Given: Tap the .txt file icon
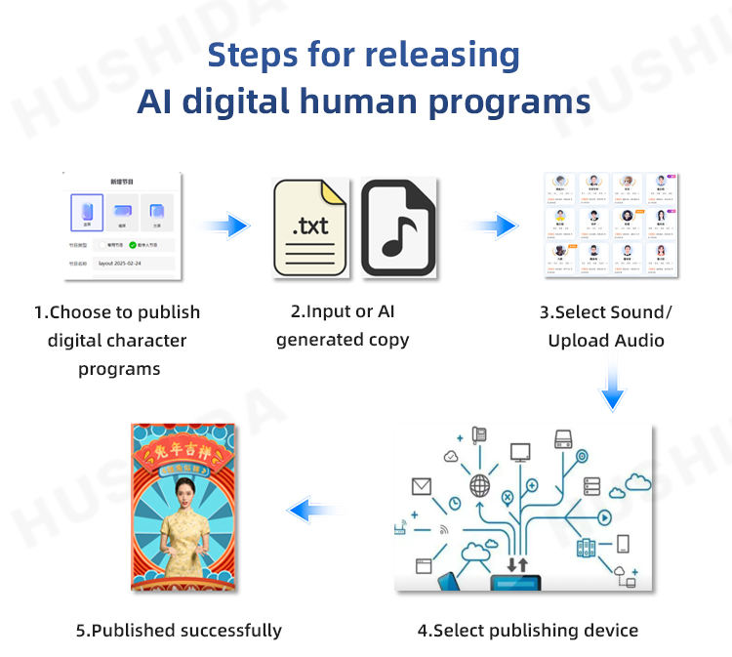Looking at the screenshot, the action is pyautogui.click(x=310, y=226).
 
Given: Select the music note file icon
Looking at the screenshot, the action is pyautogui.click(x=397, y=226).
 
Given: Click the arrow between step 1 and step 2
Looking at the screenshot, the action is pyautogui.click(x=226, y=226).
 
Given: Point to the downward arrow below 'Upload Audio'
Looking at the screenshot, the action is pyautogui.click(x=612, y=386).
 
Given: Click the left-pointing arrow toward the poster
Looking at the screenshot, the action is pyautogui.click(x=314, y=508).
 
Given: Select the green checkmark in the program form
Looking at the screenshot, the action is pyautogui.click(x=133, y=244).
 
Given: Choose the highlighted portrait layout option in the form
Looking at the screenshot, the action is pyautogui.click(x=86, y=210).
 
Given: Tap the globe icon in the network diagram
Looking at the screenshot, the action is pyautogui.click(x=480, y=485).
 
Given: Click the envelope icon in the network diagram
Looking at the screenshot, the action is pyautogui.click(x=422, y=485).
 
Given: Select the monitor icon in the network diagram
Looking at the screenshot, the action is pyautogui.click(x=520, y=452).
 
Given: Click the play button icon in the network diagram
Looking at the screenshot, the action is pyautogui.click(x=604, y=516).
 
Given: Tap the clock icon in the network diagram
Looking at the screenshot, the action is pyautogui.click(x=455, y=503).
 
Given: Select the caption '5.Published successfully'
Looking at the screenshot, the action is pyautogui.click(x=179, y=630).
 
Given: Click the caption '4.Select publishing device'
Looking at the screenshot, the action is pyautogui.click(x=528, y=630).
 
